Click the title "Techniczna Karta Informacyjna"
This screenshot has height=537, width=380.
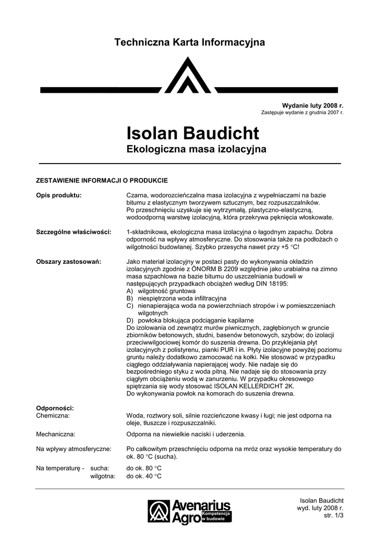point(189,42)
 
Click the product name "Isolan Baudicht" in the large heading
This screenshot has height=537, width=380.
point(193,133)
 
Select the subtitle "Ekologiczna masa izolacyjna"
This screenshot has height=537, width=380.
point(196,150)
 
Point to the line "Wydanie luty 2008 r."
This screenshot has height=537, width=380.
point(313,106)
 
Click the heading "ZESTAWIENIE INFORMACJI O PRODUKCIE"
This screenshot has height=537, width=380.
point(101,180)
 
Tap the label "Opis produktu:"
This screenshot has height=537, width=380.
point(58,195)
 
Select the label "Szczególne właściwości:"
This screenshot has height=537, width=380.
point(73,232)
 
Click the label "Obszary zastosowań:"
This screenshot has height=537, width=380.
point(68,261)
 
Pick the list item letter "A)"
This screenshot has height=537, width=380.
point(130,291)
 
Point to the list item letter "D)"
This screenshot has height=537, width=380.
point(130,320)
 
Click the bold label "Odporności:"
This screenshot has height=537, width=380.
point(55,408)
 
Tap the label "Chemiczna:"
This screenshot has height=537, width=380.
point(52,415)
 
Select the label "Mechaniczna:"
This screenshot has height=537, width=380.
point(55,434)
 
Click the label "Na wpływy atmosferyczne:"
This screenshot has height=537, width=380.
point(73,449)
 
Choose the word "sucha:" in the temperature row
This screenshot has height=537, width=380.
point(100,468)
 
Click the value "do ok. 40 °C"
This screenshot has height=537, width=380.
point(144,476)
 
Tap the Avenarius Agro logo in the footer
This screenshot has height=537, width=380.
point(189,511)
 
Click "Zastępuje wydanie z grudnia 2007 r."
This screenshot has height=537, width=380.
point(302,113)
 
